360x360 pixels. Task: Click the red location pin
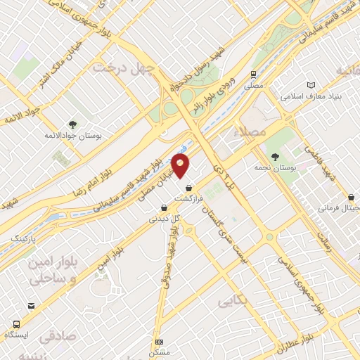coord(181,166)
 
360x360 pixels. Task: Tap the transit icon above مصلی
coord(252,74)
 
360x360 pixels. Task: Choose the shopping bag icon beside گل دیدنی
coord(164,207)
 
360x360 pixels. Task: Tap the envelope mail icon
coord(32,306)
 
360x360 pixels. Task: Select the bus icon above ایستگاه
coord(16,324)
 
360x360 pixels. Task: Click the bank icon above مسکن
coord(159,342)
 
